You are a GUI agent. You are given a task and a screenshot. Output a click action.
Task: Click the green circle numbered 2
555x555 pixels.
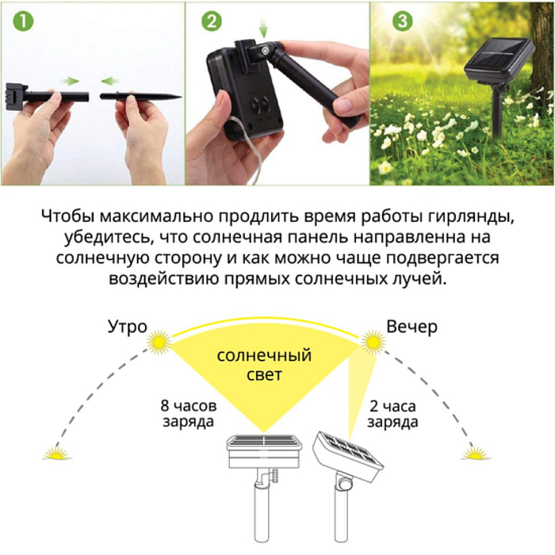(x=211, y=21)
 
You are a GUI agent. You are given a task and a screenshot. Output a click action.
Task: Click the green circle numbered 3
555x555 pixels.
(x=402, y=21)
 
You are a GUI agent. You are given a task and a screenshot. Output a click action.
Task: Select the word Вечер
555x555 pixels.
(x=411, y=326)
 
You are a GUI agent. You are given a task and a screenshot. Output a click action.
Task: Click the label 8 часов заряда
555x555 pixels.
(x=187, y=412)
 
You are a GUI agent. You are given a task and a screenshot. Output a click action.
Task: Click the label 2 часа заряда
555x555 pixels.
(x=393, y=412)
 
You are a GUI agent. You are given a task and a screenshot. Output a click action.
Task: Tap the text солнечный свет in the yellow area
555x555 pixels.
(x=264, y=364)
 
